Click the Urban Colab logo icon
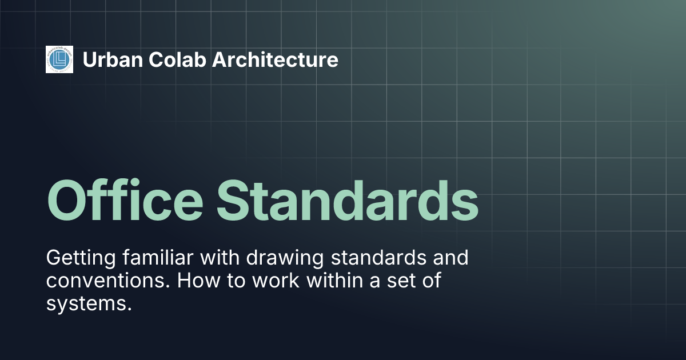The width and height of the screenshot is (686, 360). pyautogui.click(x=59, y=59)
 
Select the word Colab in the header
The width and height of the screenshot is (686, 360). pyautogui.click(x=171, y=59)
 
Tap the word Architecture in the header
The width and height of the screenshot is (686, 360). pyautogui.click(x=275, y=59)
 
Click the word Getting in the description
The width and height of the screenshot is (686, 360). pyautogui.click(x=80, y=258)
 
